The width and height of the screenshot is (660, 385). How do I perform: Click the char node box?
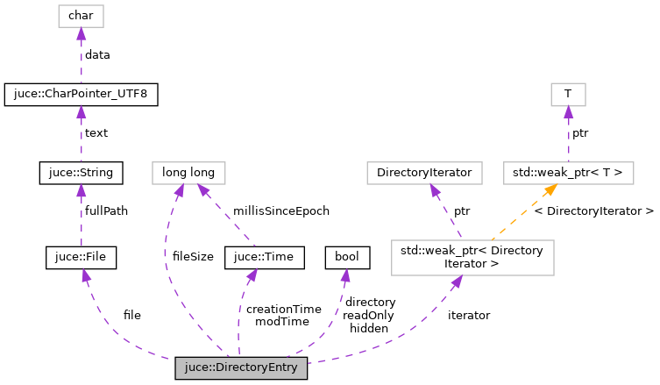(81, 16)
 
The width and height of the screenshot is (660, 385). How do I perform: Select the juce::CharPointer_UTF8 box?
(81, 94)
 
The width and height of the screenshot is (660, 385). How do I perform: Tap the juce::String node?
(81, 172)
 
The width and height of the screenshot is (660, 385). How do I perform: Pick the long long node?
(188, 172)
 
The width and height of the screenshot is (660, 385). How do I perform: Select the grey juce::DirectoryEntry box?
(241, 367)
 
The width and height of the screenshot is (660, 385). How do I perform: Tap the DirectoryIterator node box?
(424, 172)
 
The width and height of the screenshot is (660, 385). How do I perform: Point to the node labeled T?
(567, 94)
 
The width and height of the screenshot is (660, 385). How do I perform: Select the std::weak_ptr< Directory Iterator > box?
(472, 257)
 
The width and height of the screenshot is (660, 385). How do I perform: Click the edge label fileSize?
(192, 256)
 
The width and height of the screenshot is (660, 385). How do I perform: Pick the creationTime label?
(284, 309)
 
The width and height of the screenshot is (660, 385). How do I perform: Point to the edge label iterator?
(468, 315)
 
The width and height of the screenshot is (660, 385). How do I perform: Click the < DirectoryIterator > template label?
(593, 211)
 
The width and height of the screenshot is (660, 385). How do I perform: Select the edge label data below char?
(96, 54)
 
